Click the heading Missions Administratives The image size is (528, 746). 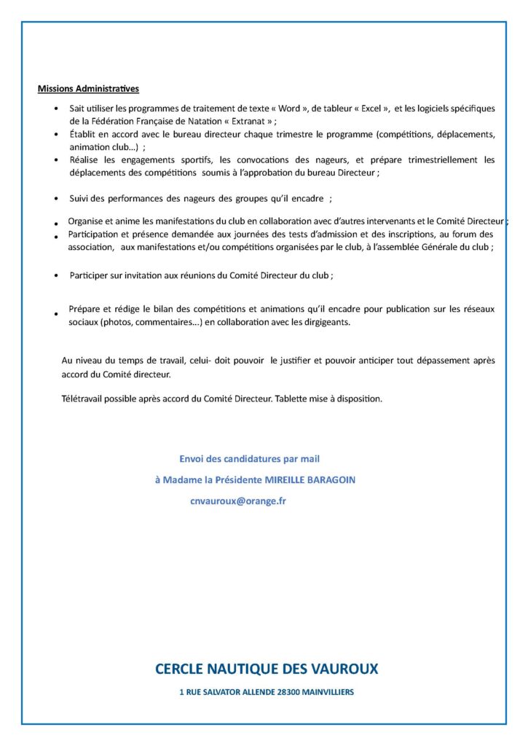(x=88, y=89)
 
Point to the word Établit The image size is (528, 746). (x=83, y=135)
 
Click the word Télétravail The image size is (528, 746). (x=84, y=399)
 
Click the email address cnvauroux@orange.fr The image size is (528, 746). (x=238, y=501)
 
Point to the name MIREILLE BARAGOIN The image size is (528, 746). (x=314, y=480)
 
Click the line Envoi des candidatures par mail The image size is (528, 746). (x=249, y=459)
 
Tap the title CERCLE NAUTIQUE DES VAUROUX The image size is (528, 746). (x=267, y=669)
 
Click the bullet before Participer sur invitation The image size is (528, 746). (x=57, y=276)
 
